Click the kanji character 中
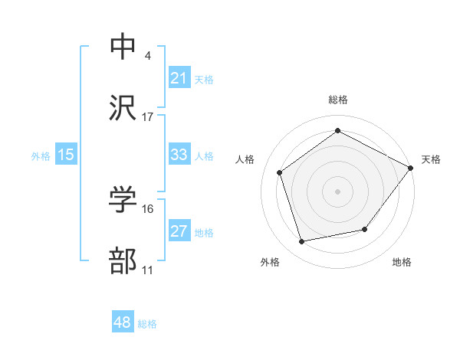[123, 47]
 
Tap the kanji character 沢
[123, 109]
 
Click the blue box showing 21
[179, 78]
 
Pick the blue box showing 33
[179, 155]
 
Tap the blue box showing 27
[179, 231]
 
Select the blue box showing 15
[66, 155]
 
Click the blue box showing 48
[122, 322]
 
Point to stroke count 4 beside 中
[148, 56]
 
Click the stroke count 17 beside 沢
[148, 117]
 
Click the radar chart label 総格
[337, 100]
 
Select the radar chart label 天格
[431, 159]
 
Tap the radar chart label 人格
[245, 159]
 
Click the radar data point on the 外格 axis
[302, 242]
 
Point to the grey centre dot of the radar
[337, 191]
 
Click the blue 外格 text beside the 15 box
[41, 155]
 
